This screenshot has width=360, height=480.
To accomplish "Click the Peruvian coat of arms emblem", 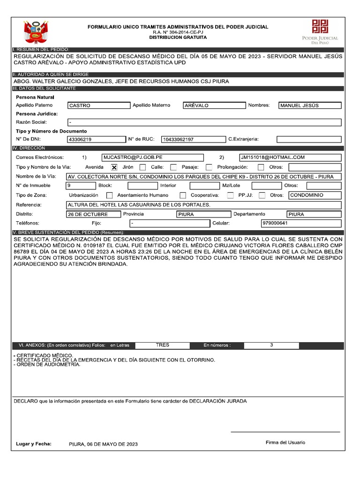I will pos(36,32).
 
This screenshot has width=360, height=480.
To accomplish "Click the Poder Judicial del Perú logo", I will pos(321,31).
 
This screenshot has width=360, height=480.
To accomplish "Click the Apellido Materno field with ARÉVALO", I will pos(214,105).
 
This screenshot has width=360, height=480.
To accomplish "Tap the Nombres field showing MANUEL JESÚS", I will pos(310,105).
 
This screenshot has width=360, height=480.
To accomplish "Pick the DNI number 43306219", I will pos(95,139).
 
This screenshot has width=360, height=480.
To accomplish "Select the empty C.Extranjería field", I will pos(308,139).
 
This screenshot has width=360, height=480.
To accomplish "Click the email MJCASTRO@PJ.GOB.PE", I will pos(152,157).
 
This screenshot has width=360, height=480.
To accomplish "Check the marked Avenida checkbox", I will pos(114,167).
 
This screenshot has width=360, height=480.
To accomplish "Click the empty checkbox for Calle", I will pos(173,167).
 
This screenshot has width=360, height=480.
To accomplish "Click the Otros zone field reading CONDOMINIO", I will pos(315,195).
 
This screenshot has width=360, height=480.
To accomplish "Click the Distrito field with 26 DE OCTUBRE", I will pos(93,214).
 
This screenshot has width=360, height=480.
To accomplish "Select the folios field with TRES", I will pos(163,345).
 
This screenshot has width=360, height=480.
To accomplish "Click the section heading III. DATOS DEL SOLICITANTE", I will pos(45,89).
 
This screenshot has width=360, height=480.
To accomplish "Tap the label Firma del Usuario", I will pos(285,442).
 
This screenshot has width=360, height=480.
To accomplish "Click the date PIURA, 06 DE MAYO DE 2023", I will pos(103,444).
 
